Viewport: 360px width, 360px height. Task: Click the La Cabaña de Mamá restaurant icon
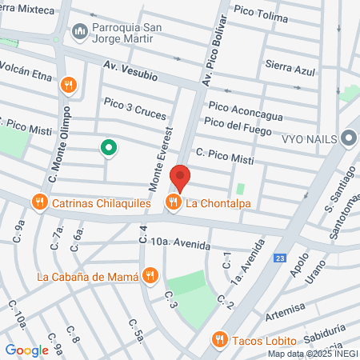point(150,277)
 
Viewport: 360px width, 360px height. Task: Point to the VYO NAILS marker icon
point(348,138)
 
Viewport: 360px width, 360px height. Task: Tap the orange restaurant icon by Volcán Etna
point(70,84)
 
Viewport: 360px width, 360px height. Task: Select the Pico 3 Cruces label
point(134,110)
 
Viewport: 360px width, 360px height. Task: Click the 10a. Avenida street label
point(180,242)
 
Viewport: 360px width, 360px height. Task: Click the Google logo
point(26,350)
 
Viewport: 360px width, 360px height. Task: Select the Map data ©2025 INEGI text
point(312,354)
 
